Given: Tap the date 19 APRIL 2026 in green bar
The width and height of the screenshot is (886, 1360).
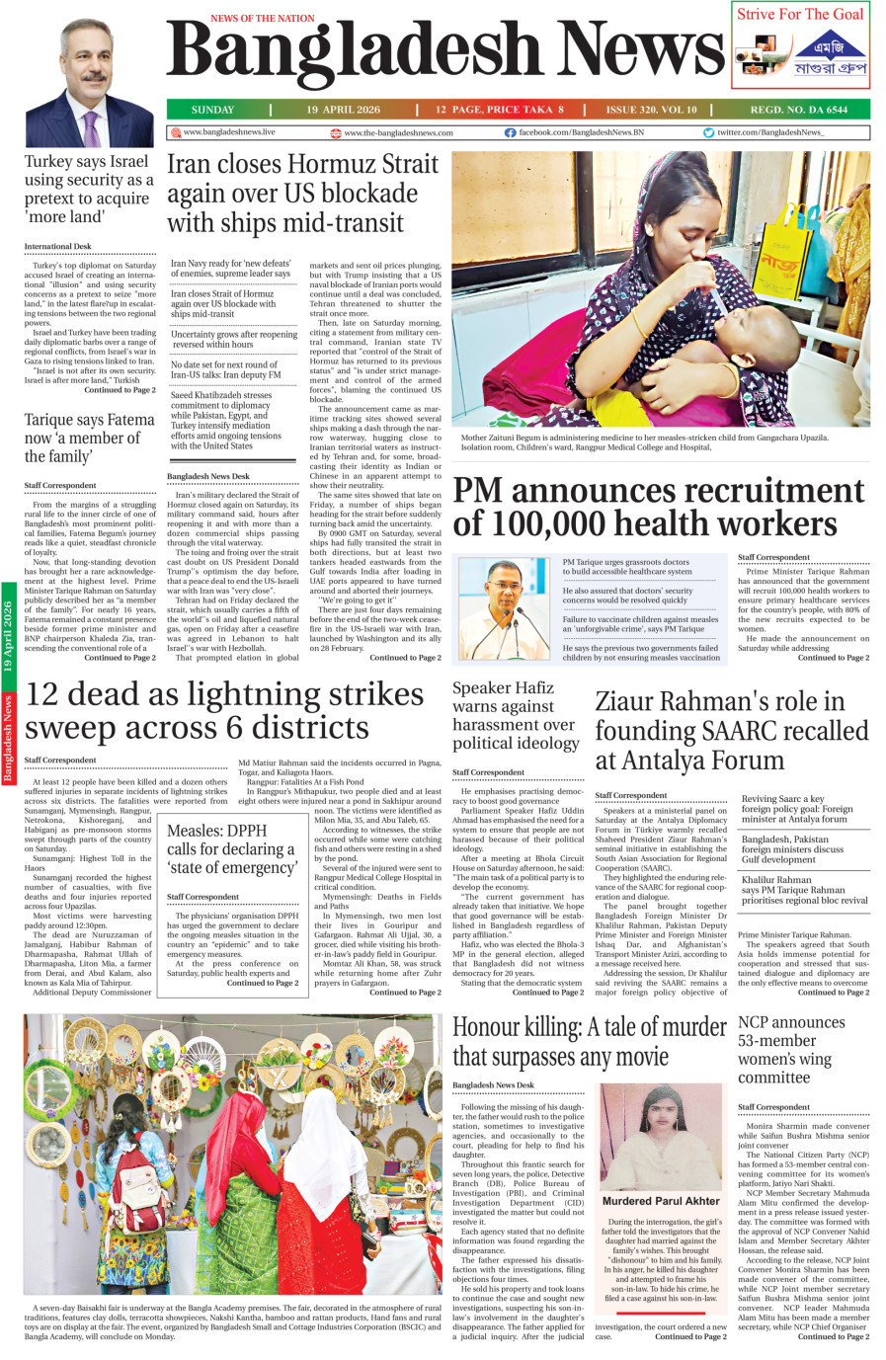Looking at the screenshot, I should coord(343,110).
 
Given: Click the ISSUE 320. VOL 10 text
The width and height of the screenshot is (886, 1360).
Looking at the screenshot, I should coord(651,110).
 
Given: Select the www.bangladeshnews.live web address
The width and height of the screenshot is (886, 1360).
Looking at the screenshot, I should coord(229,131).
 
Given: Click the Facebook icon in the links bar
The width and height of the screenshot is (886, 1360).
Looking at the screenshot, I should coord(510,132).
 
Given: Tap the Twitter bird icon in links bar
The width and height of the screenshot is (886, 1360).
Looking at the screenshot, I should coord(708,132).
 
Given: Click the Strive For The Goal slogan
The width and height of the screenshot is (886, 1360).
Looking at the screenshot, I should coord(799,14).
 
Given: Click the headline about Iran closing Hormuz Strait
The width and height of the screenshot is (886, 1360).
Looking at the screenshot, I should coord(302,193).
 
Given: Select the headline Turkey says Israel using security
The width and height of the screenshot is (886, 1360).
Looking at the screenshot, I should coord(89,189).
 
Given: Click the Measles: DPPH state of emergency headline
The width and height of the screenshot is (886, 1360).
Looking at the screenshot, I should coord(232,848).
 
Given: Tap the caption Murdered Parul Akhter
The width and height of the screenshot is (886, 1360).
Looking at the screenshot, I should coord(661,1201).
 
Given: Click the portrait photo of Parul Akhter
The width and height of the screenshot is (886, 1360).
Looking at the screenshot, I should coord(660,1137).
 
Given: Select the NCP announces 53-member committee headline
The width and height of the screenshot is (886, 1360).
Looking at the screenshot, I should coord(791,1049).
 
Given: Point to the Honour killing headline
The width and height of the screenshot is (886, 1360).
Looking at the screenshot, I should coord(589,1041).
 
